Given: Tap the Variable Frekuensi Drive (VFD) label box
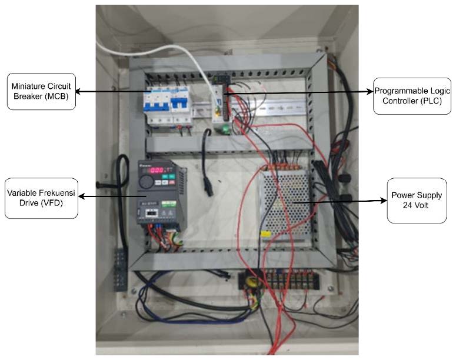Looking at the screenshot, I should coord(41,197).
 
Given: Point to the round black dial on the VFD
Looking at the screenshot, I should coord(145,182).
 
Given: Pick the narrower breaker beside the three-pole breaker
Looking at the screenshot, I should coord(182,102).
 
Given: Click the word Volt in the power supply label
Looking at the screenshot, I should coord(418,207).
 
